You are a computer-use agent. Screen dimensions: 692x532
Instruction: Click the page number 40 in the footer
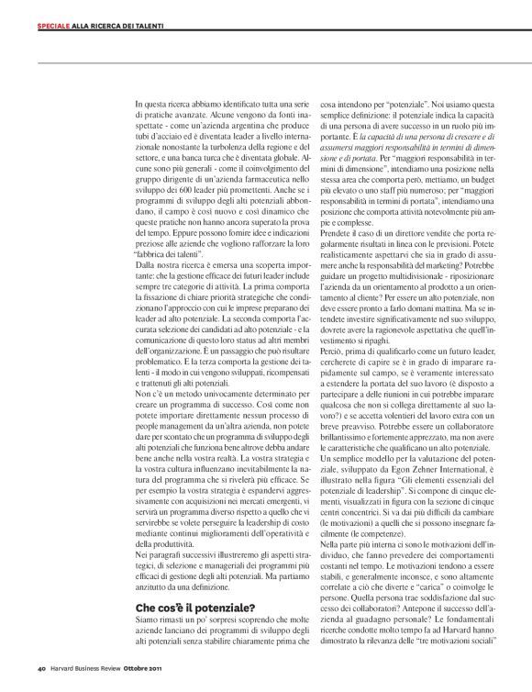click(41, 665)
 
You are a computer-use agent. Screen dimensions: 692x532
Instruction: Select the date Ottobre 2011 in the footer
click(168, 665)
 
